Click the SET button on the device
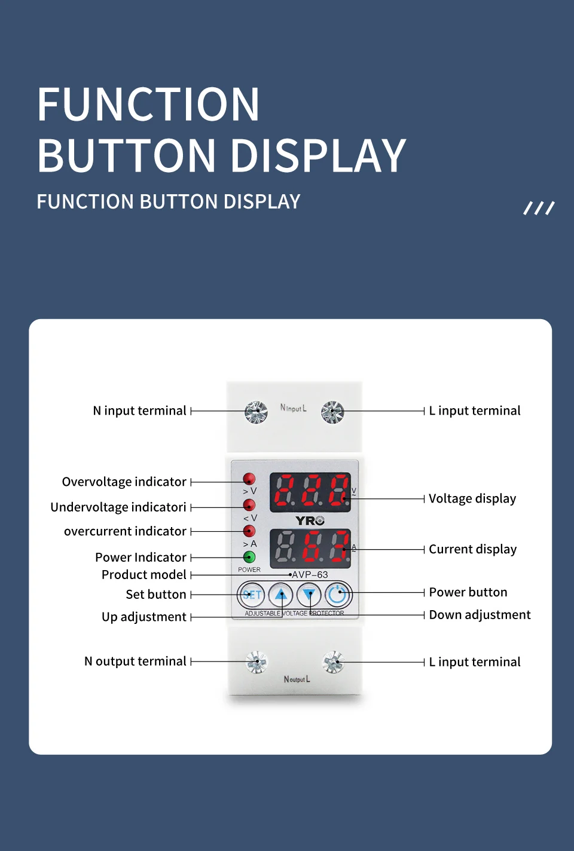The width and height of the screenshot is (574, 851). point(251,595)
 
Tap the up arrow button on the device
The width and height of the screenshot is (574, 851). point(280,595)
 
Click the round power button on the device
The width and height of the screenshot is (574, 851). point(338,595)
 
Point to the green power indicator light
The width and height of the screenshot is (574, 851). point(249,557)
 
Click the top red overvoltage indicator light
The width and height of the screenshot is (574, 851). point(249,479)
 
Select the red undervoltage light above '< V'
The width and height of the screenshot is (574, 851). point(249,505)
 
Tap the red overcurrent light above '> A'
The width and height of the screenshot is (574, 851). point(249,531)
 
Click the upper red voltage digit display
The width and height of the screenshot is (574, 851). point(310,492)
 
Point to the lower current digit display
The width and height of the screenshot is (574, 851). point(310,548)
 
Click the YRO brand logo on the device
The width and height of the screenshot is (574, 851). point(310,521)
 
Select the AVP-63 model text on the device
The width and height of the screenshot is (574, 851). point(310,575)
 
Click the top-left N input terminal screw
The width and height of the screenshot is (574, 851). point(256,411)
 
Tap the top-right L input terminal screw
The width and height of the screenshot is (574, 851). point(332,412)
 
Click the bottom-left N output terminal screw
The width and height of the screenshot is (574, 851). point(257,662)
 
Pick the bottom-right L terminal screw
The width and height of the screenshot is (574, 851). point(333,662)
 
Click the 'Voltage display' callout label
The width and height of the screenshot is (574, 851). point(472,498)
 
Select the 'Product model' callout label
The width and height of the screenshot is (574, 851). point(144,575)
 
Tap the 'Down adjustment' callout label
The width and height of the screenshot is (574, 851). point(480,615)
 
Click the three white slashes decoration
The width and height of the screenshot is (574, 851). point(539,208)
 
